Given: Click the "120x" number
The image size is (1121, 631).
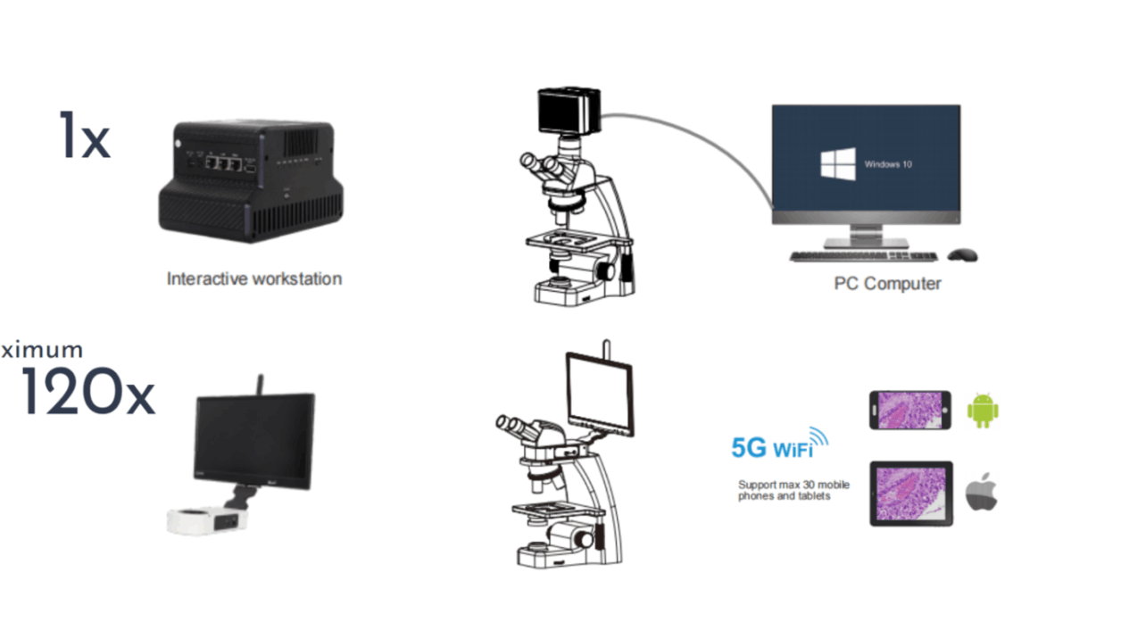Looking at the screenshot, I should click(x=87, y=393).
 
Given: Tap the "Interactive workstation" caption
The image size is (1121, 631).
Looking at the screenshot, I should click(x=254, y=278).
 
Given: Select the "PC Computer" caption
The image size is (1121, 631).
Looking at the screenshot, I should click(x=887, y=284).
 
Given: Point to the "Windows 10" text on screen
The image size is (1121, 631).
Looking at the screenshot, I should click(x=888, y=165).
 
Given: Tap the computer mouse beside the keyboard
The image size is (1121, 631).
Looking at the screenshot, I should click(x=962, y=255).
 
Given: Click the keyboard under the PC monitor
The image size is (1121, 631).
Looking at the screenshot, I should click(x=863, y=256).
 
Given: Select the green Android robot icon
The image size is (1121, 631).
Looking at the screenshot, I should click(x=983, y=411).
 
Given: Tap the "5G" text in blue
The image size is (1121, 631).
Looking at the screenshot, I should click(x=749, y=448).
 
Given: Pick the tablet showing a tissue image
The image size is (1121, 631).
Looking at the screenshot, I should click(x=911, y=494).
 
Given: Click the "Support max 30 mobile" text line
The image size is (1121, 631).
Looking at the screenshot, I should click(x=793, y=485).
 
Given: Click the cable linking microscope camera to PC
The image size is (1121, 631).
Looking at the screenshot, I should click(x=714, y=142).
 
